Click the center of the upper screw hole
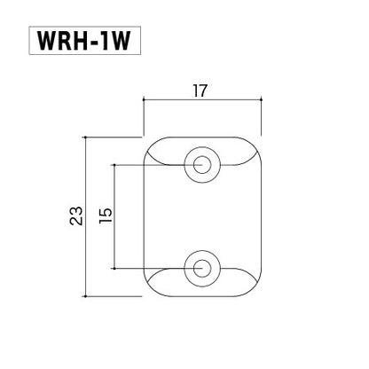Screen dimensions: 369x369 (x=203, y=164)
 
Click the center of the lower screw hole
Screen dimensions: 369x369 (x=203, y=267)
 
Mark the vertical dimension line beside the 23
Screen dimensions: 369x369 (x=85, y=216)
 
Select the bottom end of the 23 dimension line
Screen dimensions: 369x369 (x=85, y=294)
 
